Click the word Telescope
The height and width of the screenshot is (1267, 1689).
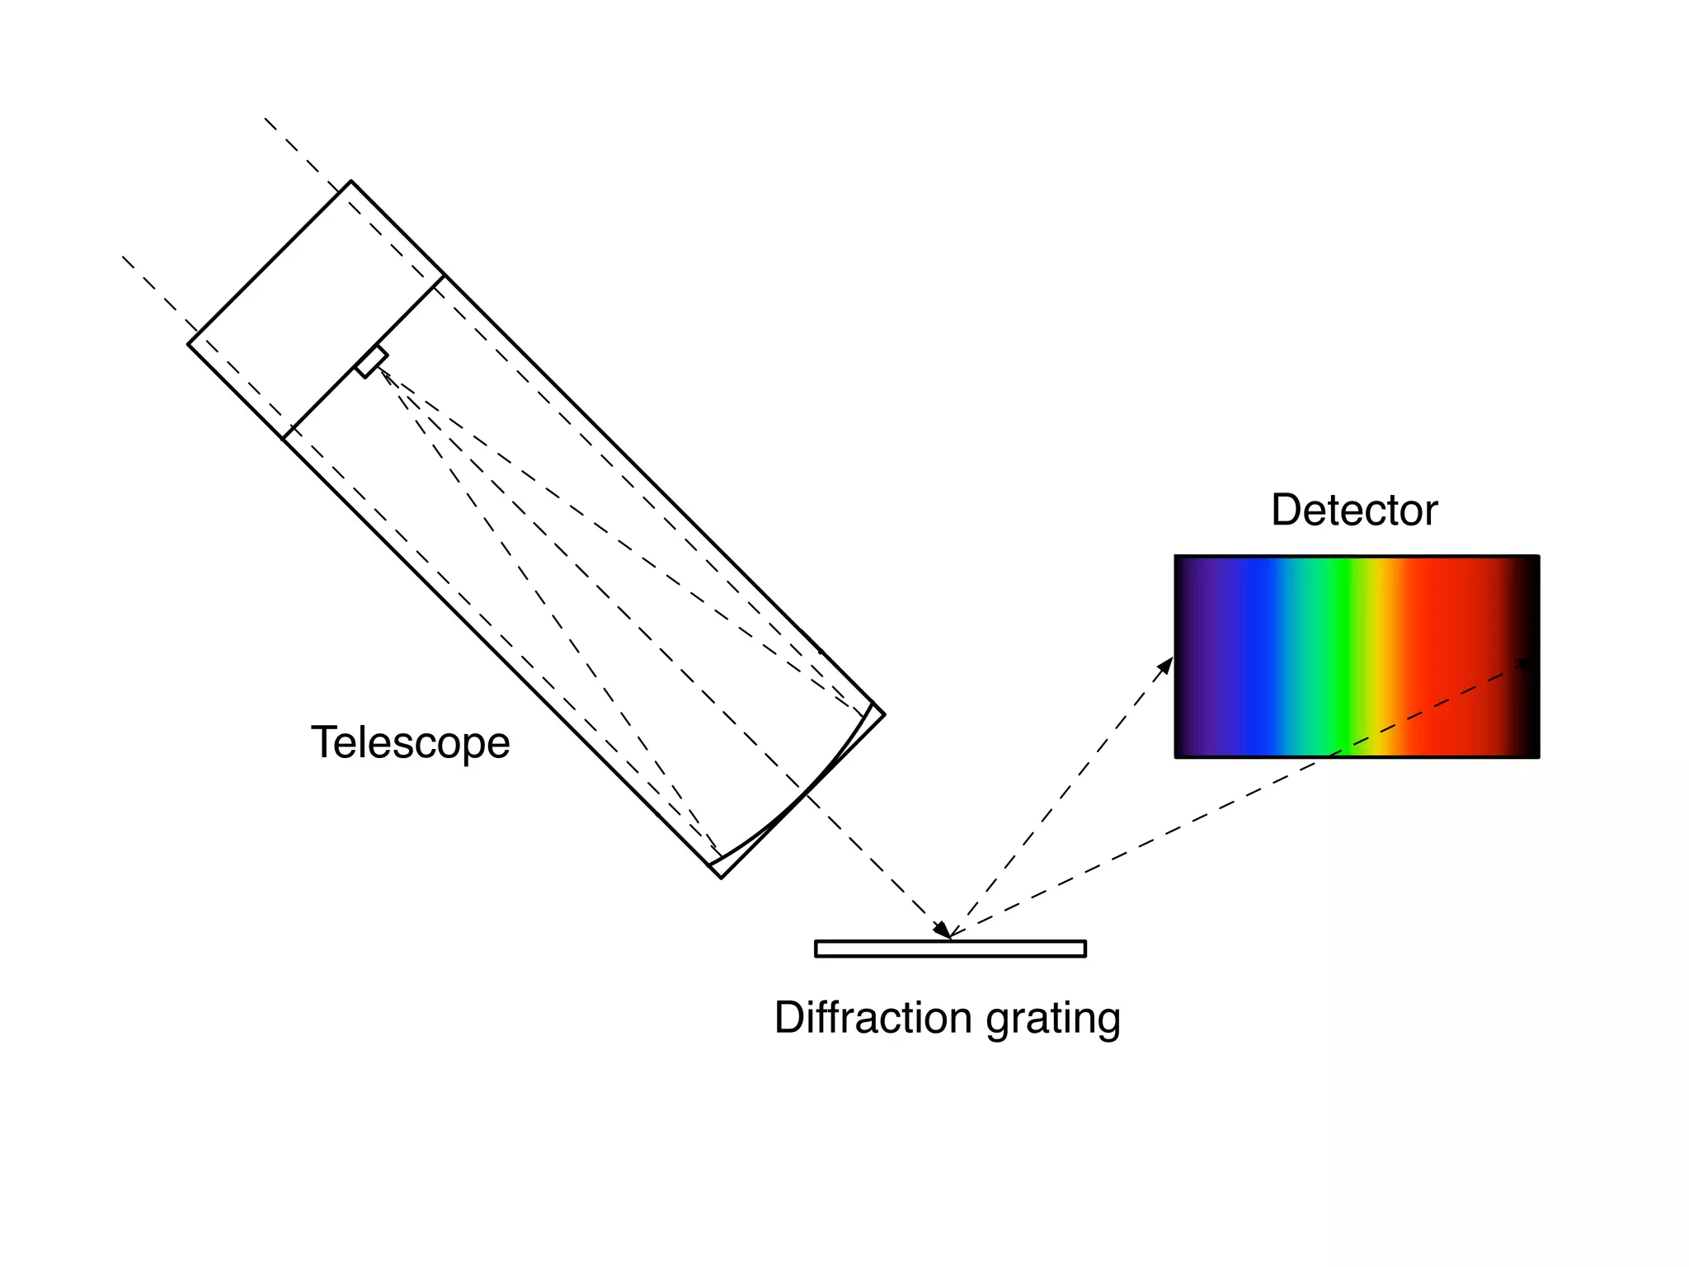click(x=410, y=742)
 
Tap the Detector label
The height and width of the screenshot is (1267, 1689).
click(x=1354, y=510)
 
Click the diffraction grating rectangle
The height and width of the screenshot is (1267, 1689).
click(x=950, y=949)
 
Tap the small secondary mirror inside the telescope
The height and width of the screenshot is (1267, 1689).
click(x=372, y=362)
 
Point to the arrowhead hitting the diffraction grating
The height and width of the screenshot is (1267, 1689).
click(x=943, y=930)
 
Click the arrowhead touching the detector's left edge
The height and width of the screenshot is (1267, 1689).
click(x=1165, y=665)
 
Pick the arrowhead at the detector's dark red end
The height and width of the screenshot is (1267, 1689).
click(x=1527, y=663)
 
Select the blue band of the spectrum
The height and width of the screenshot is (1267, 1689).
click(x=1258, y=657)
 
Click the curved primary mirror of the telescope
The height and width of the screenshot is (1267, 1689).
click(x=805, y=796)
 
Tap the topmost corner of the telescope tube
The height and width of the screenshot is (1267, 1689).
click(x=351, y=181)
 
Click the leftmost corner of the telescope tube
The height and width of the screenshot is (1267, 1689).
click(x=189, y=344)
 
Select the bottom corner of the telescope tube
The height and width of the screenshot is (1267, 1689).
click(x=722, y=878)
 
